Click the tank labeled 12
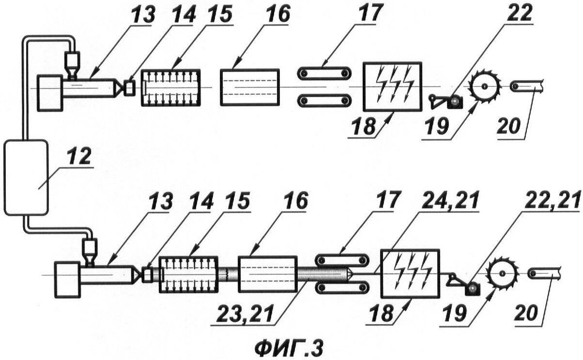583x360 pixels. point(26,178)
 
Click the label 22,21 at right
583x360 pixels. point(552,199)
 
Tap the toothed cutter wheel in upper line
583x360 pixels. point(484,86)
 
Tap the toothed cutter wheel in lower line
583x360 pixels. point(502,274)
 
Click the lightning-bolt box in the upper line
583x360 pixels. point(392,87)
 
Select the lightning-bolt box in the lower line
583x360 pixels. point(410,274)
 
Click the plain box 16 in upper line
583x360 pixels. point(250,87)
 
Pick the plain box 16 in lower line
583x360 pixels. point(268,274)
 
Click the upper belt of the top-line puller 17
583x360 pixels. point(324,73)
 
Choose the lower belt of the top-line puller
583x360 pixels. point(324,100)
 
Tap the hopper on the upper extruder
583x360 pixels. point(72,65)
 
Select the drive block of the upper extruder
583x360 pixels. point(50,93)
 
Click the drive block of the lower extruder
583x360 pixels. point(67,280)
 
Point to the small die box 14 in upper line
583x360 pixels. point(130,88)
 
